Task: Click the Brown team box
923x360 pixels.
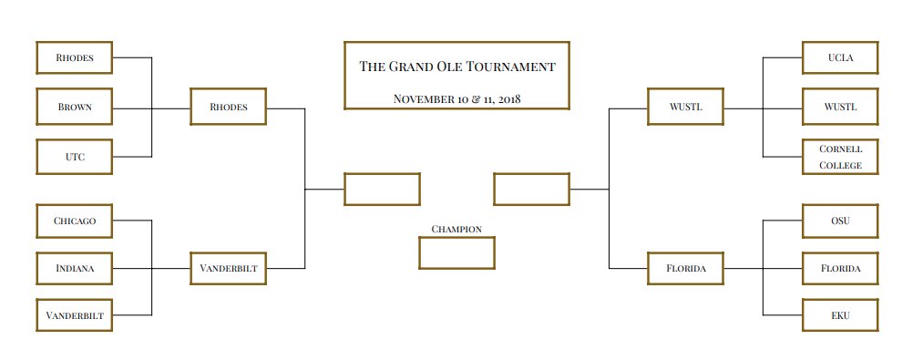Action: tap(74, 107)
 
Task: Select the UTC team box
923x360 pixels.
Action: tap(74, 157)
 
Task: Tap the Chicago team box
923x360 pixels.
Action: tap(74, 221)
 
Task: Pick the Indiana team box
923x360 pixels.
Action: tap(74, 269)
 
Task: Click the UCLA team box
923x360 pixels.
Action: tap(839, 57)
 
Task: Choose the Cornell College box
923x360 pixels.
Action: tap(839, 157)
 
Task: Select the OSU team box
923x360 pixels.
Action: tap(839, 221)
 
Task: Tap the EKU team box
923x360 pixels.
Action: tap(839, 316)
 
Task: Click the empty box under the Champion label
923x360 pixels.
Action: tap(456, 252)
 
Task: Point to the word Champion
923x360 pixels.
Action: tap(456, 229)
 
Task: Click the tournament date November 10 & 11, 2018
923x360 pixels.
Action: tap(456, 98)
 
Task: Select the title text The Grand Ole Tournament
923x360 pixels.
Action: tap(456, 67)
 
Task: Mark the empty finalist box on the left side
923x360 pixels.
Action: tap(382, 189)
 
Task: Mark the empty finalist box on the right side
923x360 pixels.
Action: tap(531, 189)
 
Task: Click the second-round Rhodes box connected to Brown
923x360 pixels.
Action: tap(228, 107)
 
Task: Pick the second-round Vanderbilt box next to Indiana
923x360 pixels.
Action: tap(228, 269)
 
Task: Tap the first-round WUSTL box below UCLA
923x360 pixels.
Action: tap(839, 107)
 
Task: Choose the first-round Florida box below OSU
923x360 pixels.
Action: tap(839, 269)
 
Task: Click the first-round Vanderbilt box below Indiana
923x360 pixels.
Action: tap(74, 316)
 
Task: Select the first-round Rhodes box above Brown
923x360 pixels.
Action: tap(74, 57)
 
